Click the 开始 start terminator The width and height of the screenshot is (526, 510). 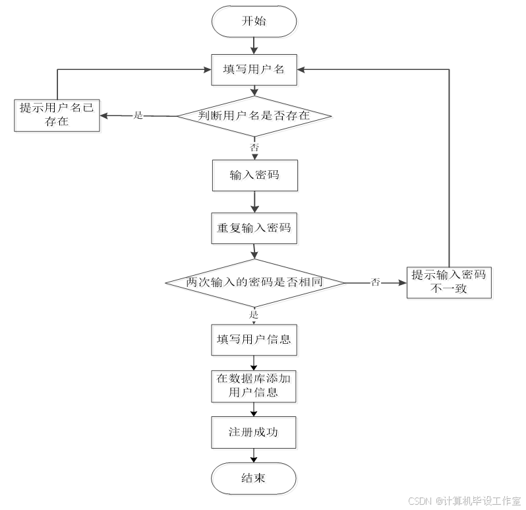point(255,23)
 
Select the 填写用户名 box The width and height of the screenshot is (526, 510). point(255,71)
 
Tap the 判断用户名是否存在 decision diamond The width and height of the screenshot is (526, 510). point(255,117)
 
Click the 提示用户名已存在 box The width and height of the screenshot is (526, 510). point(59,116)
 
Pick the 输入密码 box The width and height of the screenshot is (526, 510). point(255,177)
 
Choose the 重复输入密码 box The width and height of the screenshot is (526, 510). point(255,230)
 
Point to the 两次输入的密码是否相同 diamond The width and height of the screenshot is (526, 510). point(255,284)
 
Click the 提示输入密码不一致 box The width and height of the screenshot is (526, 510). point(450,283)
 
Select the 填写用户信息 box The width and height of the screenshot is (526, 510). point(255,341)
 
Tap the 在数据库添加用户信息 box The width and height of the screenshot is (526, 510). point(255,388)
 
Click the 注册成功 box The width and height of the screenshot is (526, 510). point(255,433)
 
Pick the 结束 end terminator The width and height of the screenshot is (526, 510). point(255,479)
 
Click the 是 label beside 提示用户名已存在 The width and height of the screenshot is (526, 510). point(138,116)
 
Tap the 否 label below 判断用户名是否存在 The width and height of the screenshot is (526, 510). point(254,147)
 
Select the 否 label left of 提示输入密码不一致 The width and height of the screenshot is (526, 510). point(375,283)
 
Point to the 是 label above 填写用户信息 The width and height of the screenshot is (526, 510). point(254,315)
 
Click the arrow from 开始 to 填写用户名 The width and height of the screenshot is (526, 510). point(255,46)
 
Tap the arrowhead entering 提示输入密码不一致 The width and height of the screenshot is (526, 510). point(403,283)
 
